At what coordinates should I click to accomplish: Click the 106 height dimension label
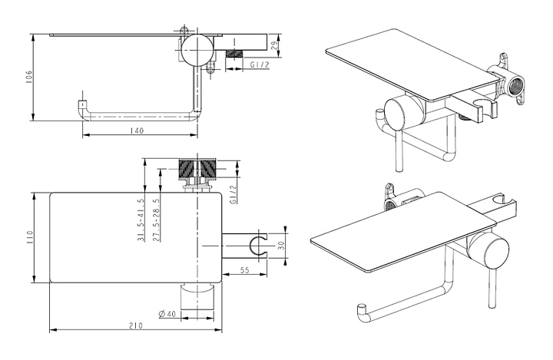(29, 78)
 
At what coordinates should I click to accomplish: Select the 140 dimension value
(136, 130)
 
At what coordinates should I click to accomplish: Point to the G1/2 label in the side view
(260, 65)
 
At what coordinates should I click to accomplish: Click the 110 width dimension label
(29, 237)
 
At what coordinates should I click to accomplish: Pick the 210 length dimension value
(135, 325)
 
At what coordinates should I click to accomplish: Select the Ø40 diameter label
(167, 313)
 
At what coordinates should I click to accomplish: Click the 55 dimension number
(244, 270)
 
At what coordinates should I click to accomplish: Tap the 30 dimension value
(281, 246)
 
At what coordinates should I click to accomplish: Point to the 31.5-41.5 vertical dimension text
(141, 220)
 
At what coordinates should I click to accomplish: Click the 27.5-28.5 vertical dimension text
(156, 220)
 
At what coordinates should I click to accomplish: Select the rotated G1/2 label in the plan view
(233, 194)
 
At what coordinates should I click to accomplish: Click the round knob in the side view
(197, 49)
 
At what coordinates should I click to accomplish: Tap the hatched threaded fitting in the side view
(234, 54)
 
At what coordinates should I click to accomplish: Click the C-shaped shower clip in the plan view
(258, 246)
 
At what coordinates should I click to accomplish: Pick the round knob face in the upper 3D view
(395, 114)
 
